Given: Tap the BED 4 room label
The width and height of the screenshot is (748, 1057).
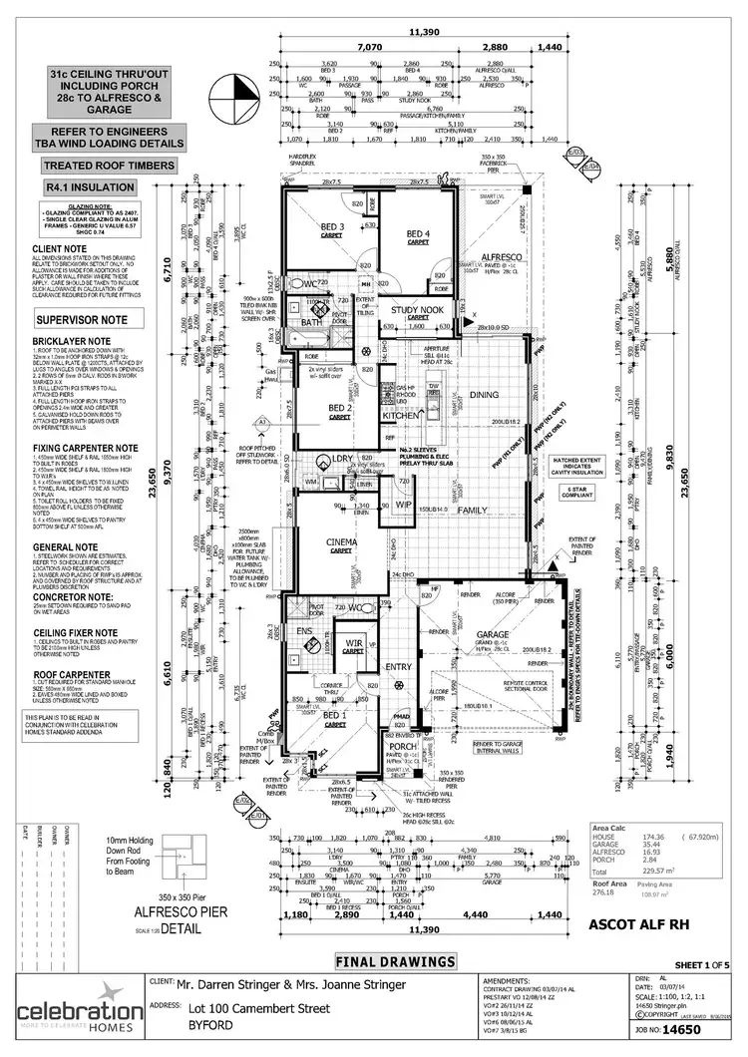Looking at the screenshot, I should point(416,234).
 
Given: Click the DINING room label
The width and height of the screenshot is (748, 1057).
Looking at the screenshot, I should point(485,395).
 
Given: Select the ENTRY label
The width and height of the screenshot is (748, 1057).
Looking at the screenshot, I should point(398,667).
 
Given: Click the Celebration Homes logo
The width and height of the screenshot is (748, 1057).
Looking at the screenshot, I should point(67,1012).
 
